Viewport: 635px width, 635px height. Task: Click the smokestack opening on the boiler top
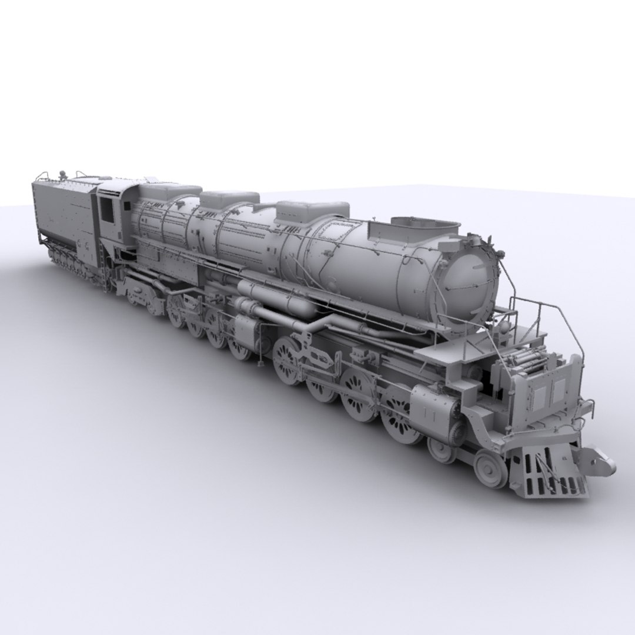425,223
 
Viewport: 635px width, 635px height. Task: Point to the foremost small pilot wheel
491,469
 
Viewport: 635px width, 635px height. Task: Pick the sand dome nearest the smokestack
312,210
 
